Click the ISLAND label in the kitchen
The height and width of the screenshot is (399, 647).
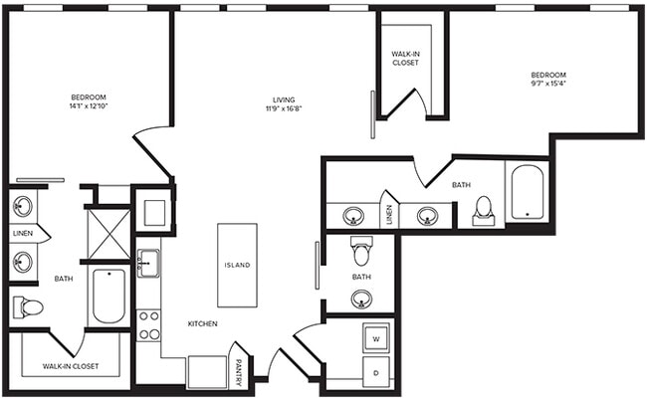(x=237, y=266)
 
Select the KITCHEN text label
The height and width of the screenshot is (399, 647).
(x=202, y=324)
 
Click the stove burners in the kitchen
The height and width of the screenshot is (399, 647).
(x=148, y=324)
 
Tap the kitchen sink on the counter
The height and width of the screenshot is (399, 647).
(x=148, y=264)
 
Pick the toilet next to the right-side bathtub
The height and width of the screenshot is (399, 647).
(x=484, y=210)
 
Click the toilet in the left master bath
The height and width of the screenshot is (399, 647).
(x=28, y=307)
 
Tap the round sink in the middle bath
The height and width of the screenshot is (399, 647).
(x=362, y=298)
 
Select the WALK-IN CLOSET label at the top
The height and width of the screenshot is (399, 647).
(x=404, y=57)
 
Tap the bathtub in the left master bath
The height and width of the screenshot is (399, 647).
(x=107, y=296)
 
